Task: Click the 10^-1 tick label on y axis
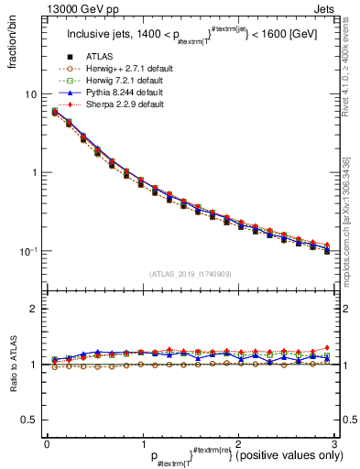[28, 251]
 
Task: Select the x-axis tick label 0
[47, 444]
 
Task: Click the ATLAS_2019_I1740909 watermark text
[190, 274]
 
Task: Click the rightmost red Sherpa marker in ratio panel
[327, 347]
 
